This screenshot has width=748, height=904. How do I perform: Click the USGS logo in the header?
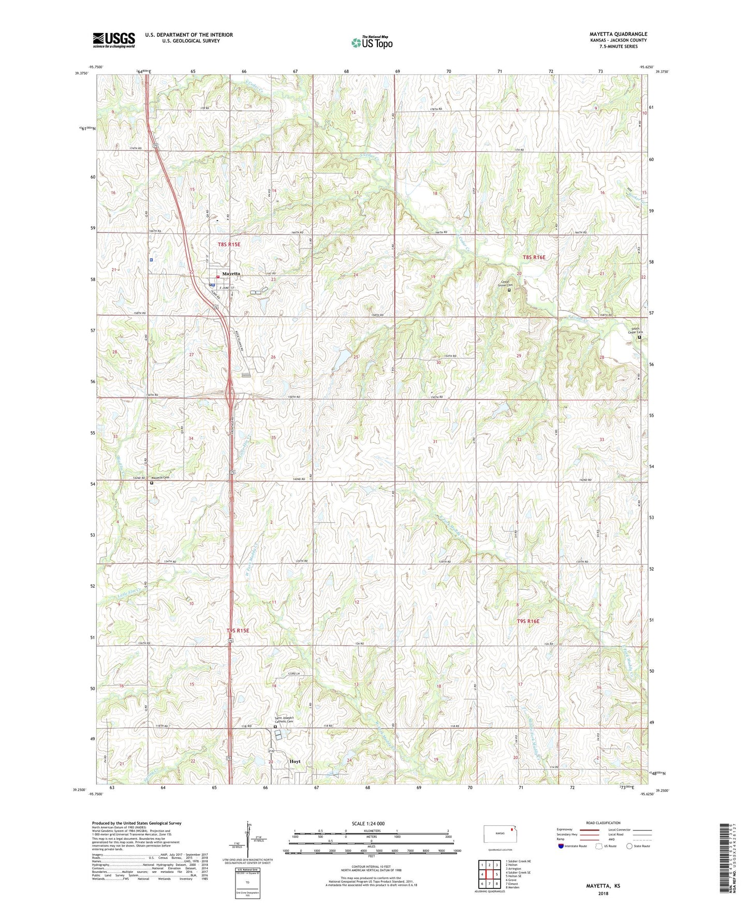click(x=114, y=40)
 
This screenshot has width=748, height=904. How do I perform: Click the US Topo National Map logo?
click(x=372, y=42)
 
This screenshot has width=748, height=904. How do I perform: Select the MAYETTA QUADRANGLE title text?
click(x=618, y=34)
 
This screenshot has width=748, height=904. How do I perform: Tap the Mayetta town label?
click(x=231, y=273)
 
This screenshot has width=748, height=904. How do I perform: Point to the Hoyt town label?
click(x=295, y=762)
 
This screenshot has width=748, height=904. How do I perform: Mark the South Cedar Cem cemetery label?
click(x=635, y=330)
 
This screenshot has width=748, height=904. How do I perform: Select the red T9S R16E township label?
click(x=528, y=621)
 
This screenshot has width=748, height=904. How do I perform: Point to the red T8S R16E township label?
click(x=534, y=257)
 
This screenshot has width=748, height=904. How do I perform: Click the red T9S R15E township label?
click(x=238, y=631)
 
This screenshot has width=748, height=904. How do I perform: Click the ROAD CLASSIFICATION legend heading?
click(x=604, y=823)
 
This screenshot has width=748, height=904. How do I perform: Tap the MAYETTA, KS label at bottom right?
click(x=603, y=886)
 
